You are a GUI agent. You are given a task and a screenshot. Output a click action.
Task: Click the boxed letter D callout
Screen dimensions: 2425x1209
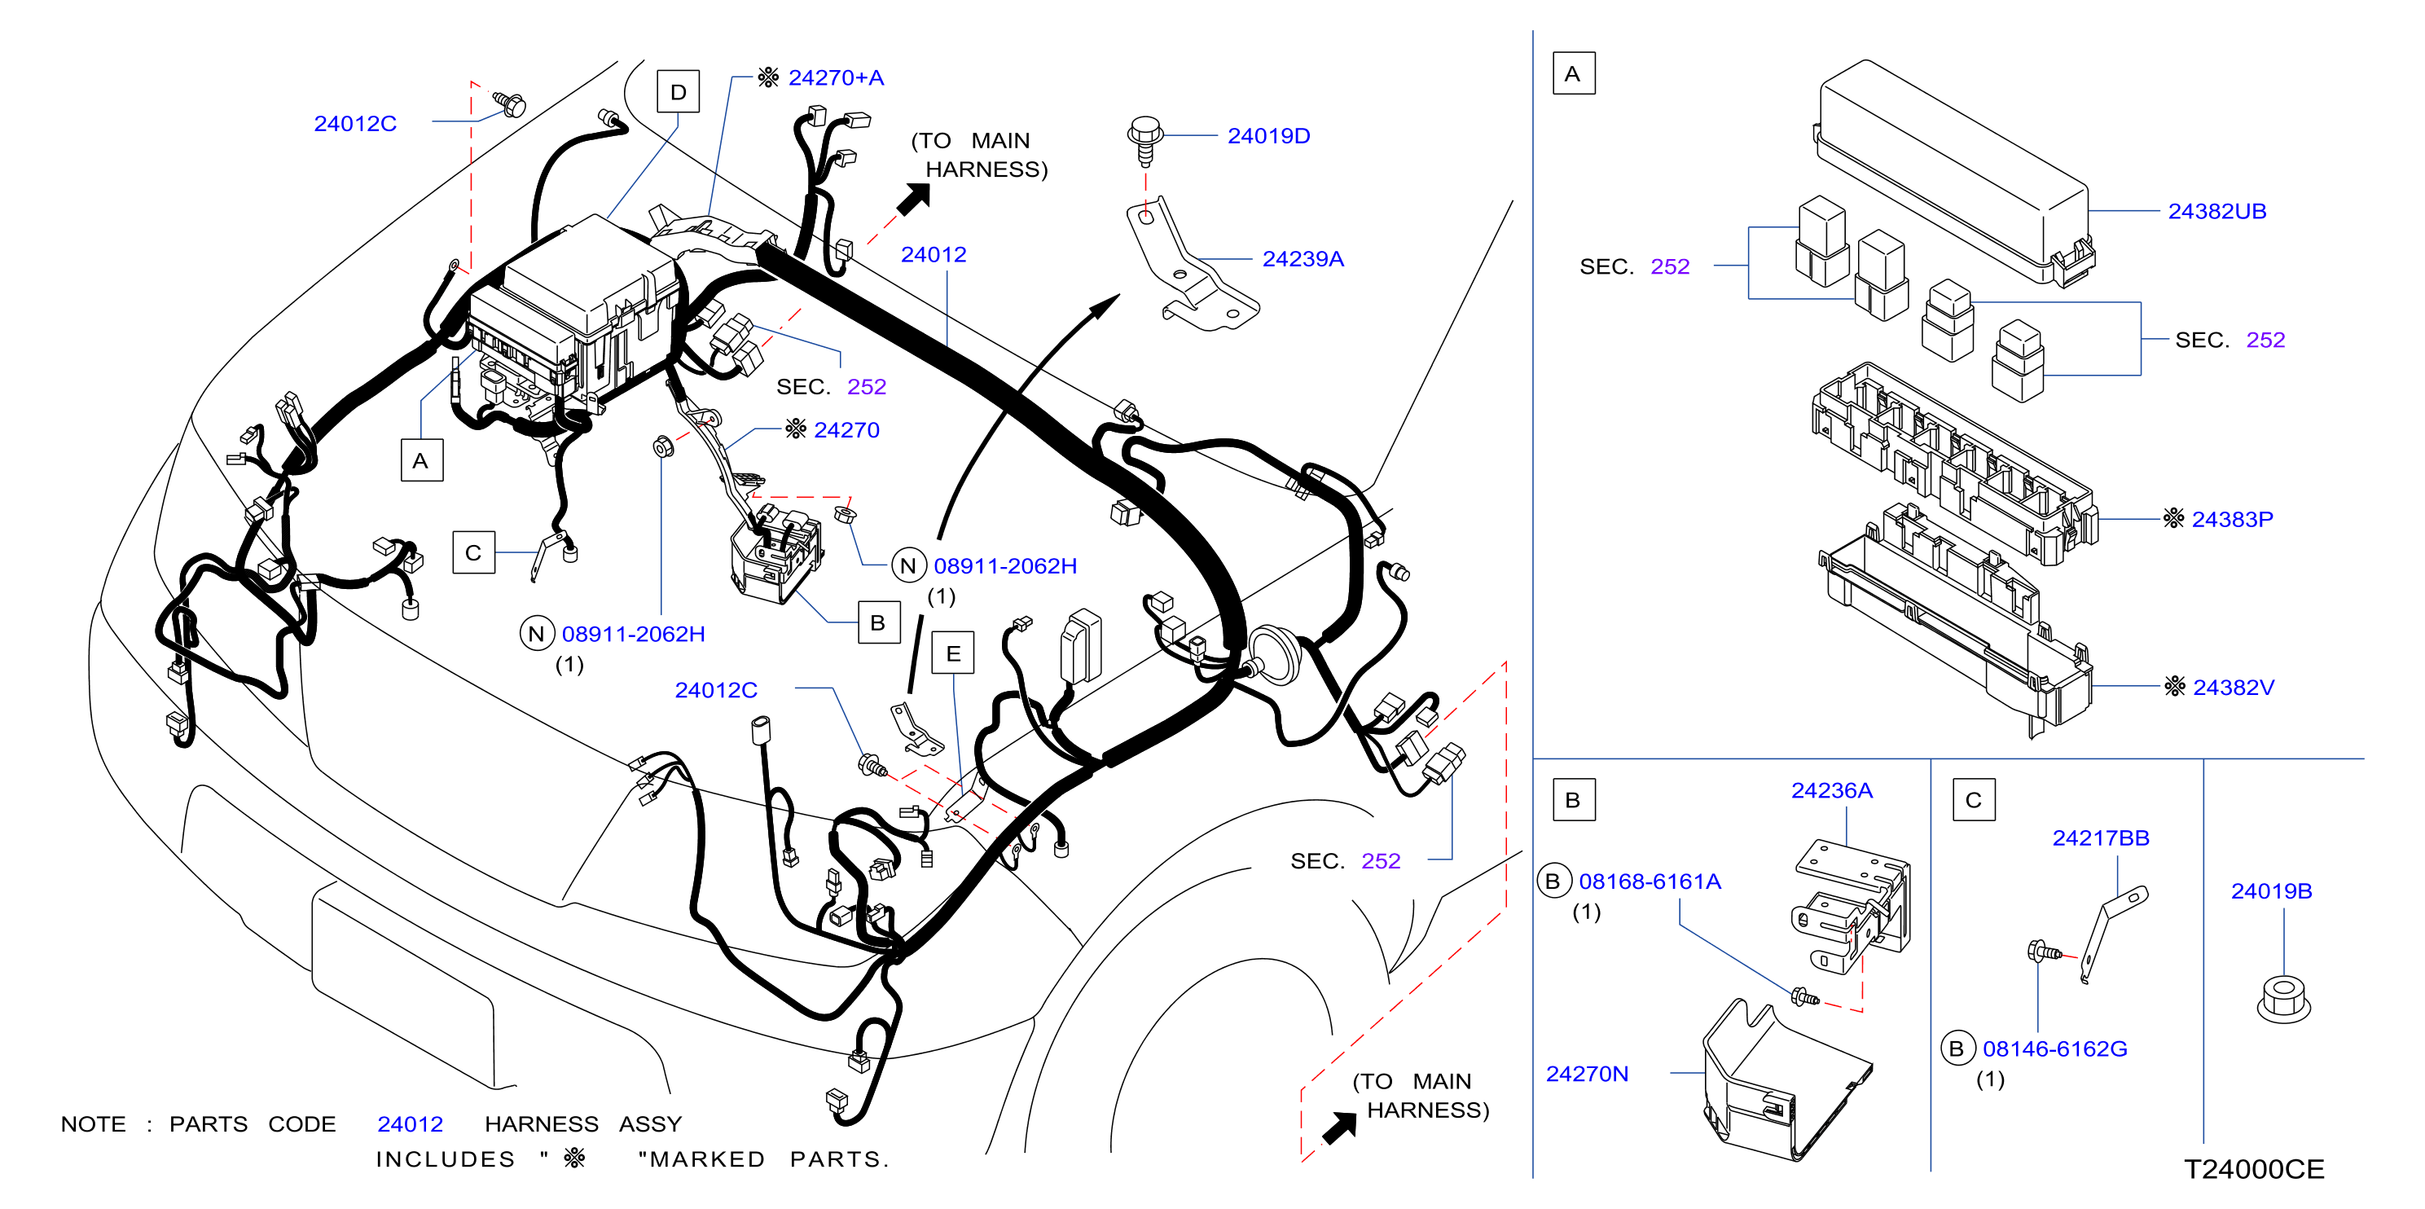[678, 91]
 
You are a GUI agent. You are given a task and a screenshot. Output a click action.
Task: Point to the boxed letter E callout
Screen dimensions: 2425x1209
[953, 653]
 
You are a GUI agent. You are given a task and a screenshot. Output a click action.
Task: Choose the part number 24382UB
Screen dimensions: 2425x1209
[2217, 211]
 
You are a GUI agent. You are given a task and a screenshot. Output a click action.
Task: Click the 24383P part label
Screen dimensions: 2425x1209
[2232, 519]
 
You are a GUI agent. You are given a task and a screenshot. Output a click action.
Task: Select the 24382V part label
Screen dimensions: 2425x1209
[2233, 688]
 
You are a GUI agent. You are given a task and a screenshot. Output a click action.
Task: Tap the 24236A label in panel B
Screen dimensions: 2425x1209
[1831, 790]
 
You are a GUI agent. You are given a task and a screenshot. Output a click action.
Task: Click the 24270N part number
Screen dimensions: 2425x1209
[1587, 1074]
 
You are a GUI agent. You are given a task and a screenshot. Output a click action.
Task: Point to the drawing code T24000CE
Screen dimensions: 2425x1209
[2254, 1168]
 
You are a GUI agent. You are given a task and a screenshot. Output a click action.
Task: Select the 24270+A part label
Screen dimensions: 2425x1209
[836, 77]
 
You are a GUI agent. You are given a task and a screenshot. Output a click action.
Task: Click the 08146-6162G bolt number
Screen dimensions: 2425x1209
[2055, 1048]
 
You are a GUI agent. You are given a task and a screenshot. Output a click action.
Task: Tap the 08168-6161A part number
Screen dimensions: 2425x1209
[1650, 881]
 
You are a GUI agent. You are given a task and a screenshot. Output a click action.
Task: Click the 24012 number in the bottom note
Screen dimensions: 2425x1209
[410, 1123]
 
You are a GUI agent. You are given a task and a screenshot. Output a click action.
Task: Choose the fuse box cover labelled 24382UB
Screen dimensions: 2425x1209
[1953, 169]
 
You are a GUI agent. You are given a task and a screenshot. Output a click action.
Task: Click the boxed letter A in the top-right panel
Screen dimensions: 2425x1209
[1573, 73]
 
